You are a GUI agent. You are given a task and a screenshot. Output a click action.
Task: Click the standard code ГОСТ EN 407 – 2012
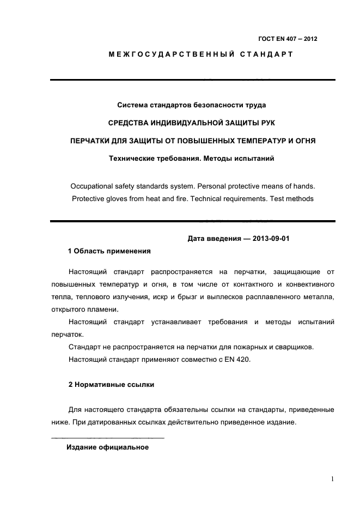pos(288,39)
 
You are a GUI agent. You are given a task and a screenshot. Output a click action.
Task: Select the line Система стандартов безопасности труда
pos(192,104)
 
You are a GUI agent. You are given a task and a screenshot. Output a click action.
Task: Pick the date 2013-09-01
pos(275,238)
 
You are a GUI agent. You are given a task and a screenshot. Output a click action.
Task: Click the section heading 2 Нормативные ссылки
pos(111,385)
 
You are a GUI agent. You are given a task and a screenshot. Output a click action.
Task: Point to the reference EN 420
pos(237,360)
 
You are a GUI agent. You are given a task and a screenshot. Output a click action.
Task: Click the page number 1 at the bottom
pos(331,479)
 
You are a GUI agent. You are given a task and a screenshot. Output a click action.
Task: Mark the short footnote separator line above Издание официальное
pos(107,438)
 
